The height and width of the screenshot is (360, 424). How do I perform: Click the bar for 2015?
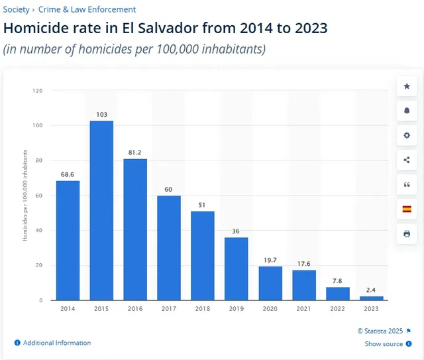[x=101, y=210]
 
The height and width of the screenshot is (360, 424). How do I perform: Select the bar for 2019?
[x=237, y=269]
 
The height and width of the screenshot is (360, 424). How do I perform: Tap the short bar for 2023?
[x=372, y=298]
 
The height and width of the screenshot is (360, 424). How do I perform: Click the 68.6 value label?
[x=68, y=174]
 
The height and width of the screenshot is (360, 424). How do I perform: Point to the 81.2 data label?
[x=135, y=152]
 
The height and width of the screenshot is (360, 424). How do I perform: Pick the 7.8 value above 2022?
[x=338, y=280]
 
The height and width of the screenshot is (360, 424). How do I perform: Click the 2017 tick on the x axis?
[x=169, y=309]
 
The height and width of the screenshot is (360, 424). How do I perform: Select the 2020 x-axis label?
[x=270, y=309]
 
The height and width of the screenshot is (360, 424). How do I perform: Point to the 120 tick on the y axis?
[x=38, y=90]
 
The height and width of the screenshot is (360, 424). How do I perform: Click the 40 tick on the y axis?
[x=39, y=230]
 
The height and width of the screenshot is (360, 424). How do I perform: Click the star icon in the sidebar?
[x=407, y=87]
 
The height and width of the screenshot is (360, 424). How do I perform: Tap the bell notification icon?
[x=407, y=111]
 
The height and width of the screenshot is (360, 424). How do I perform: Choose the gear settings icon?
[x=407, y=135]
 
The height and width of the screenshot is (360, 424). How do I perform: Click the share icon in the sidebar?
[x=407, y=160]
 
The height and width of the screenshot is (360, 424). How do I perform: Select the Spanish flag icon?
[x=407, y=209]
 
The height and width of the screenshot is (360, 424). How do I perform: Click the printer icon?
[x=407, y=233]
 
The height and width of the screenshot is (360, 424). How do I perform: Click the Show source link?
[x=384, y=344]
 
